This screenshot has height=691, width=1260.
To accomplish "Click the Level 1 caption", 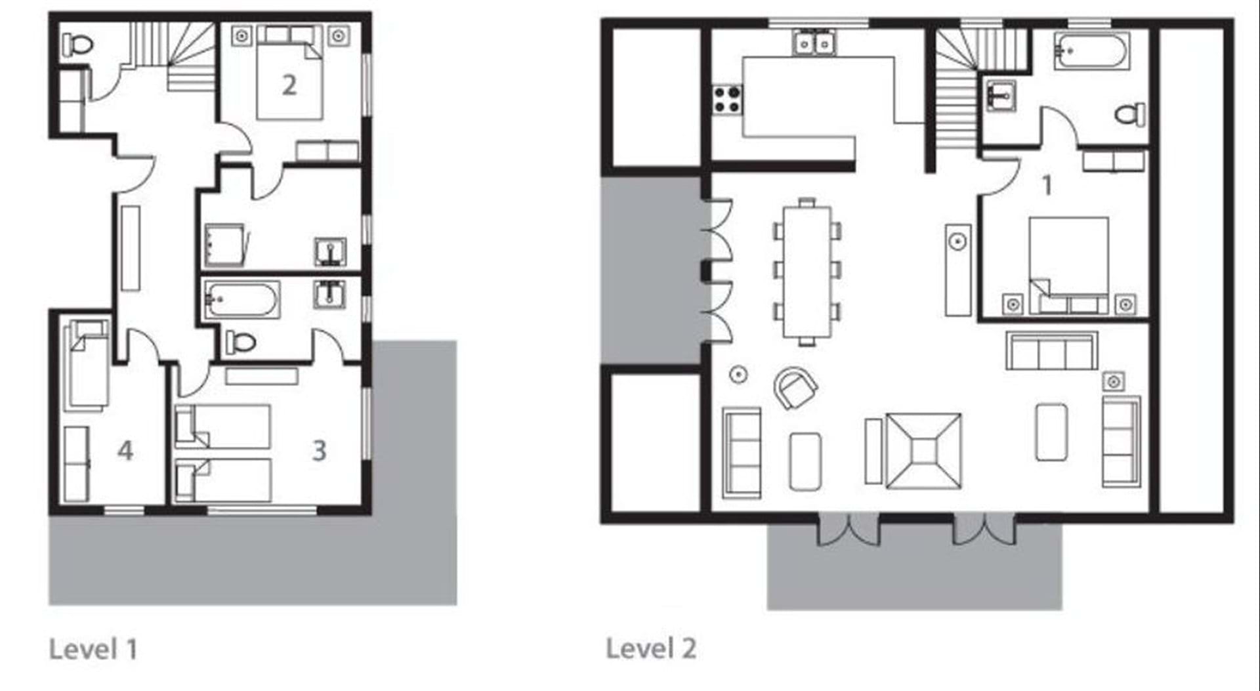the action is (x=93, y=649).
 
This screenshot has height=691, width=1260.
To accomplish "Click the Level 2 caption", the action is (x=650, y=648).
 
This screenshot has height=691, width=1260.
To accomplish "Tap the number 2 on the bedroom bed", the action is (x=289, y=85).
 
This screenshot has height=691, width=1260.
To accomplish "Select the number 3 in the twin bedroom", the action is (x=319, y=451).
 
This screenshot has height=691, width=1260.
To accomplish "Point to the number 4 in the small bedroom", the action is (x=125, y=451).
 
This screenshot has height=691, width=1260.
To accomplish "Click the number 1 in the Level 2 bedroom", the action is (x=1047, y=186).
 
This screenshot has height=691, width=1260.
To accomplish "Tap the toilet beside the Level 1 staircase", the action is (x=77, y=45).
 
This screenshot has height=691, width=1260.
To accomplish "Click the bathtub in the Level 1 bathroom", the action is (x=241, y=300).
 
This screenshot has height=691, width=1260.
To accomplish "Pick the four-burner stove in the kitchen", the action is (x=727, y=100).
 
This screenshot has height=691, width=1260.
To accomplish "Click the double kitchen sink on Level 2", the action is (x=814, y=43).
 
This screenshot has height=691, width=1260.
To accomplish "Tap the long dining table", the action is (x=807, y=272).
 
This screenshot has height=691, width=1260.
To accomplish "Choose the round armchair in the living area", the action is (x=795, y=388).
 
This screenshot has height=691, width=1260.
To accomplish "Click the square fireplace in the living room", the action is (x=923, y=450).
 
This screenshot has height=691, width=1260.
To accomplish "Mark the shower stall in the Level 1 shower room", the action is (x=226, y=245).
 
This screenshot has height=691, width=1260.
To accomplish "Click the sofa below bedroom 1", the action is (x=1051, y=351).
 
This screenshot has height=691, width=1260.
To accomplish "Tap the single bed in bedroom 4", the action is (x=86, y=364).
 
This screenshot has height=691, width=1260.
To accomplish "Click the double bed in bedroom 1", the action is (x=1068, y=265).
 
